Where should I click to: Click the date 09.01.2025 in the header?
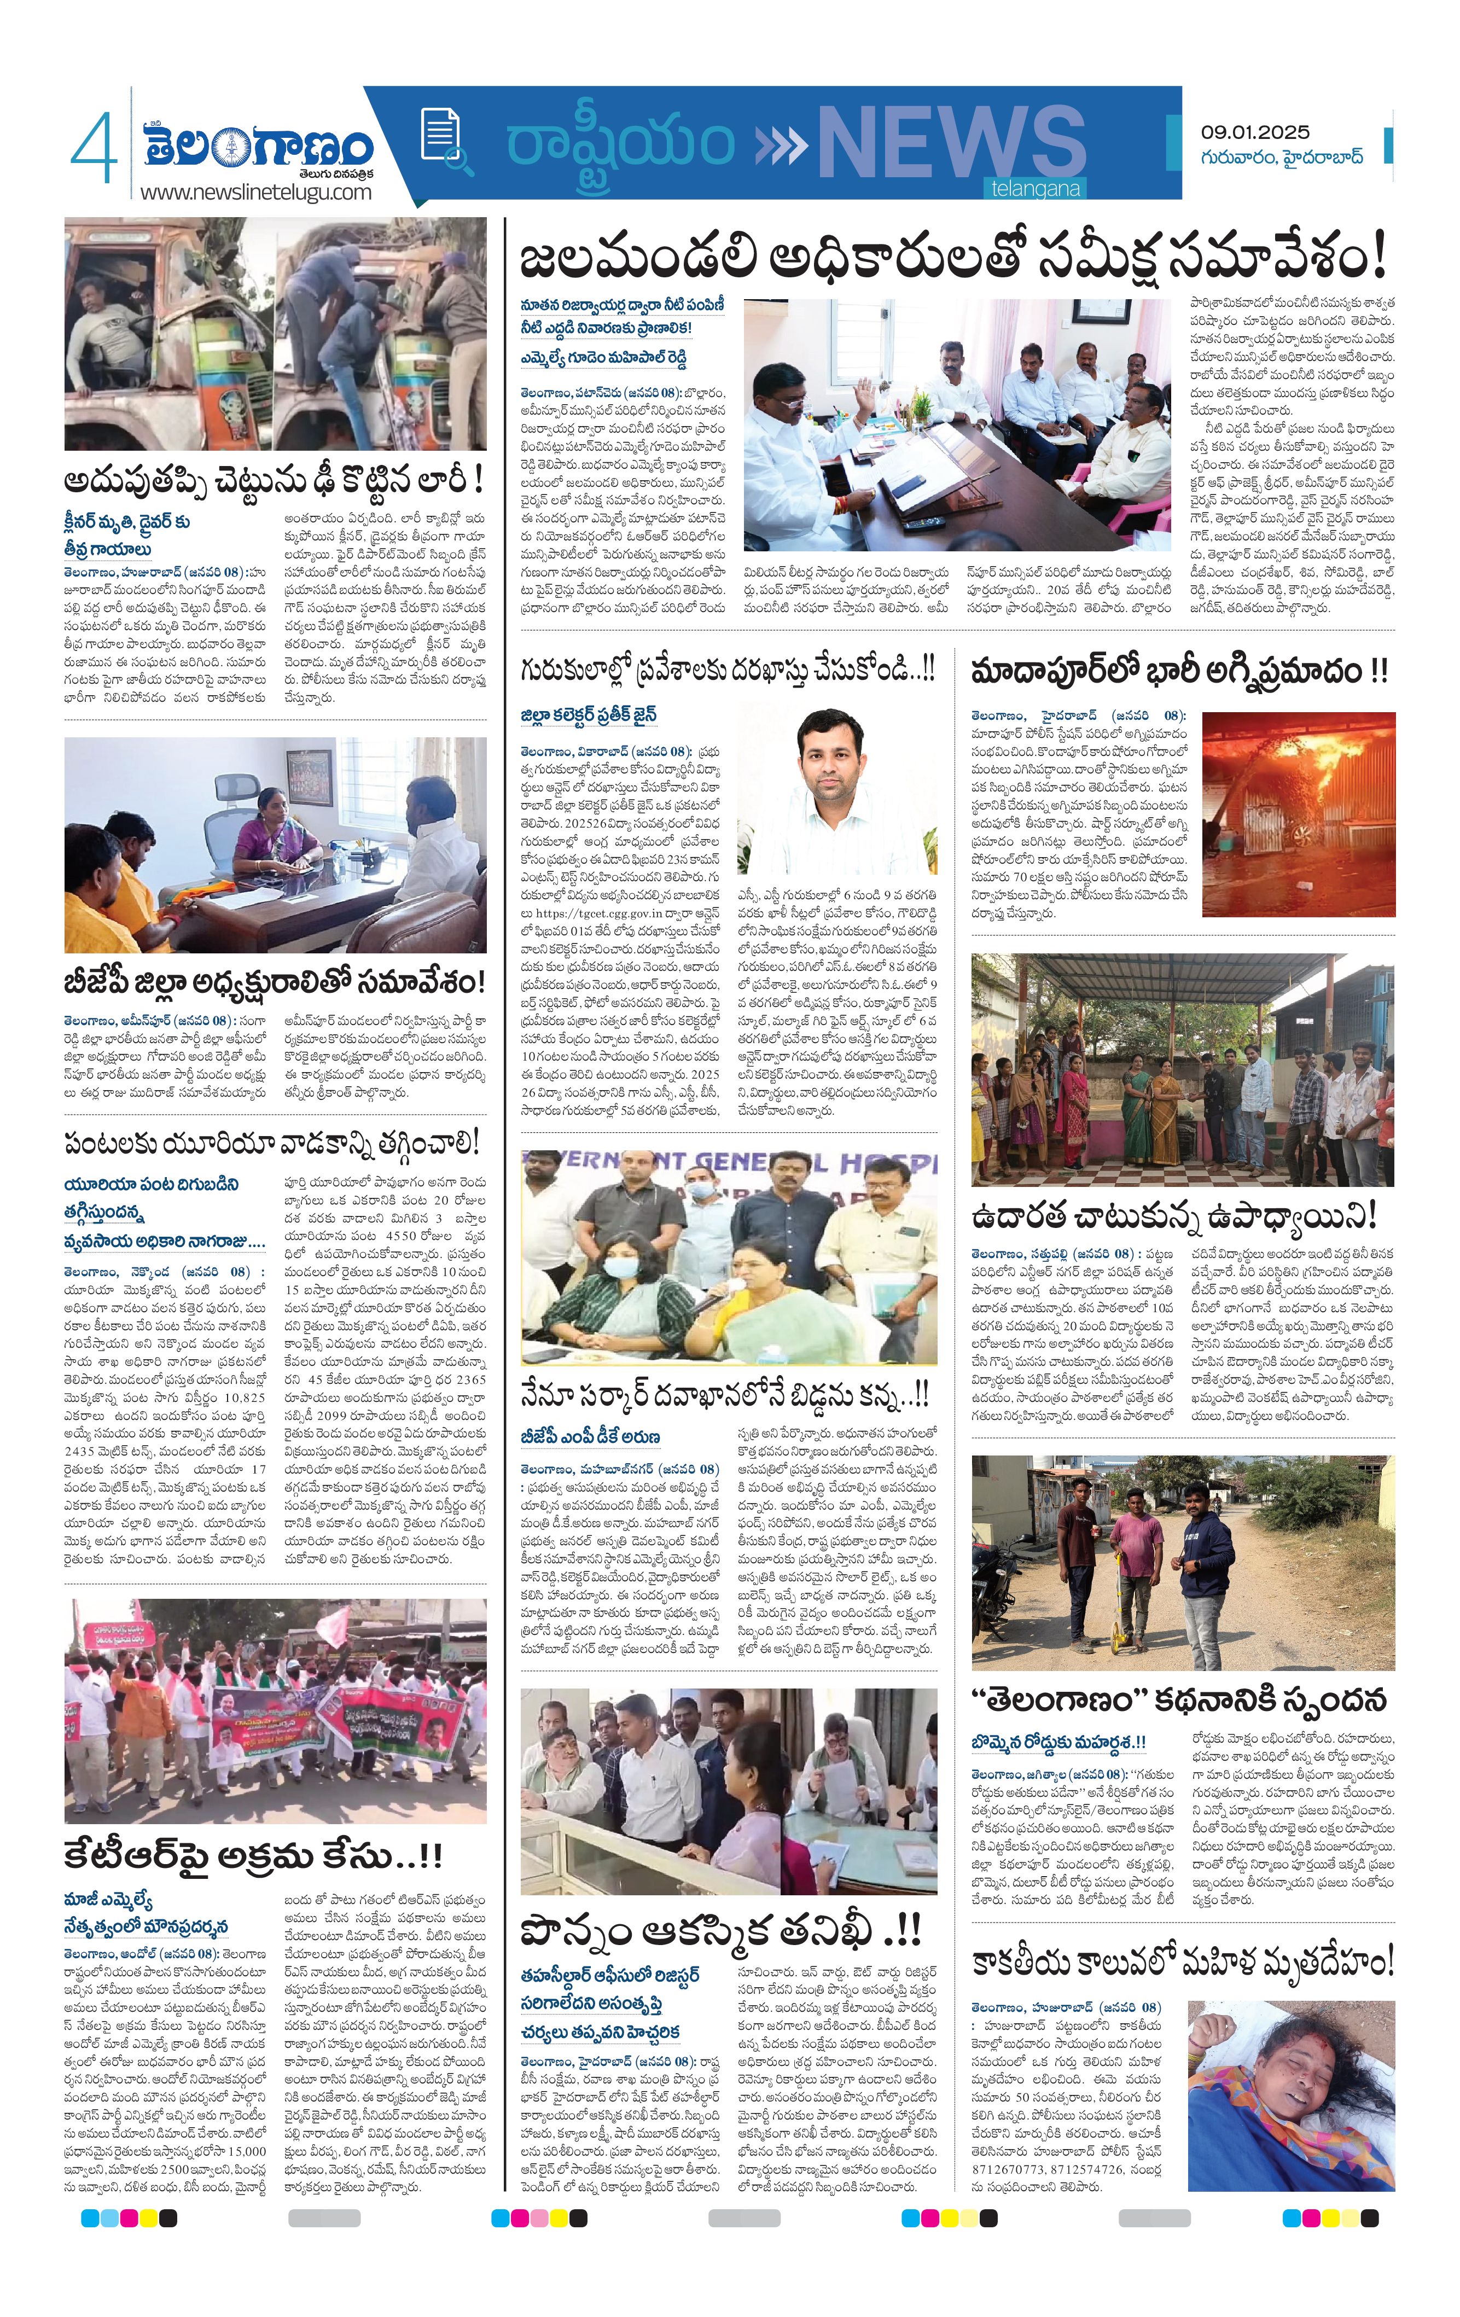(1255, 132)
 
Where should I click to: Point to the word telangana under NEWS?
(1036, 189)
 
